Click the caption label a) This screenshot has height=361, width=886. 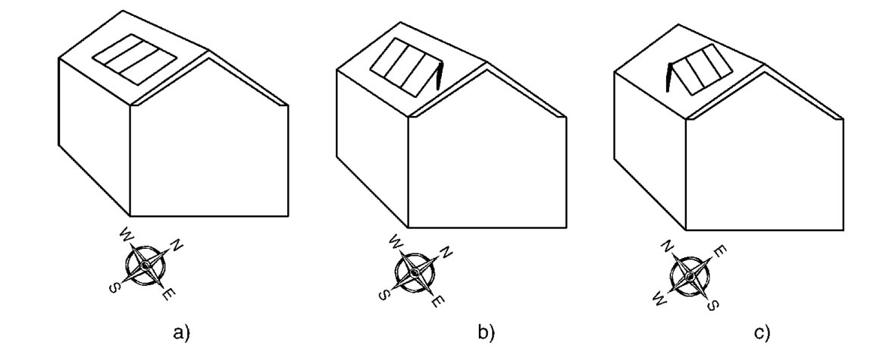pos(181,333)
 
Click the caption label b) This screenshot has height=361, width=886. pos(486,333)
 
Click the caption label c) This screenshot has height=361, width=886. pos(762,333)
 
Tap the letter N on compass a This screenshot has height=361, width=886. pos(177,245)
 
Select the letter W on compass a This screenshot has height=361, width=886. pos(126,234)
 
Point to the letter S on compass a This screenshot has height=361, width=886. pos(114,289)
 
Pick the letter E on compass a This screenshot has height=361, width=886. pos(167,295)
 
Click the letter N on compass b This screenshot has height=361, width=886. pos(446,253)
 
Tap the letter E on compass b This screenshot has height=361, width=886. pos(437,302)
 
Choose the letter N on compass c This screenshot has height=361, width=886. pos(668,246)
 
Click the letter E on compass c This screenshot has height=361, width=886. pos(722,251)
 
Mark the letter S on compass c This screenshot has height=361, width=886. pos(713,306)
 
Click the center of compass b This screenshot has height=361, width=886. pos(415,273)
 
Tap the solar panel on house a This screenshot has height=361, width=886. pos(134,59)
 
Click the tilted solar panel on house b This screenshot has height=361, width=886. pos(405,67)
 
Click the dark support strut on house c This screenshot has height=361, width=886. pos(670,77)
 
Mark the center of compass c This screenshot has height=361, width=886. pos(690,276)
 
